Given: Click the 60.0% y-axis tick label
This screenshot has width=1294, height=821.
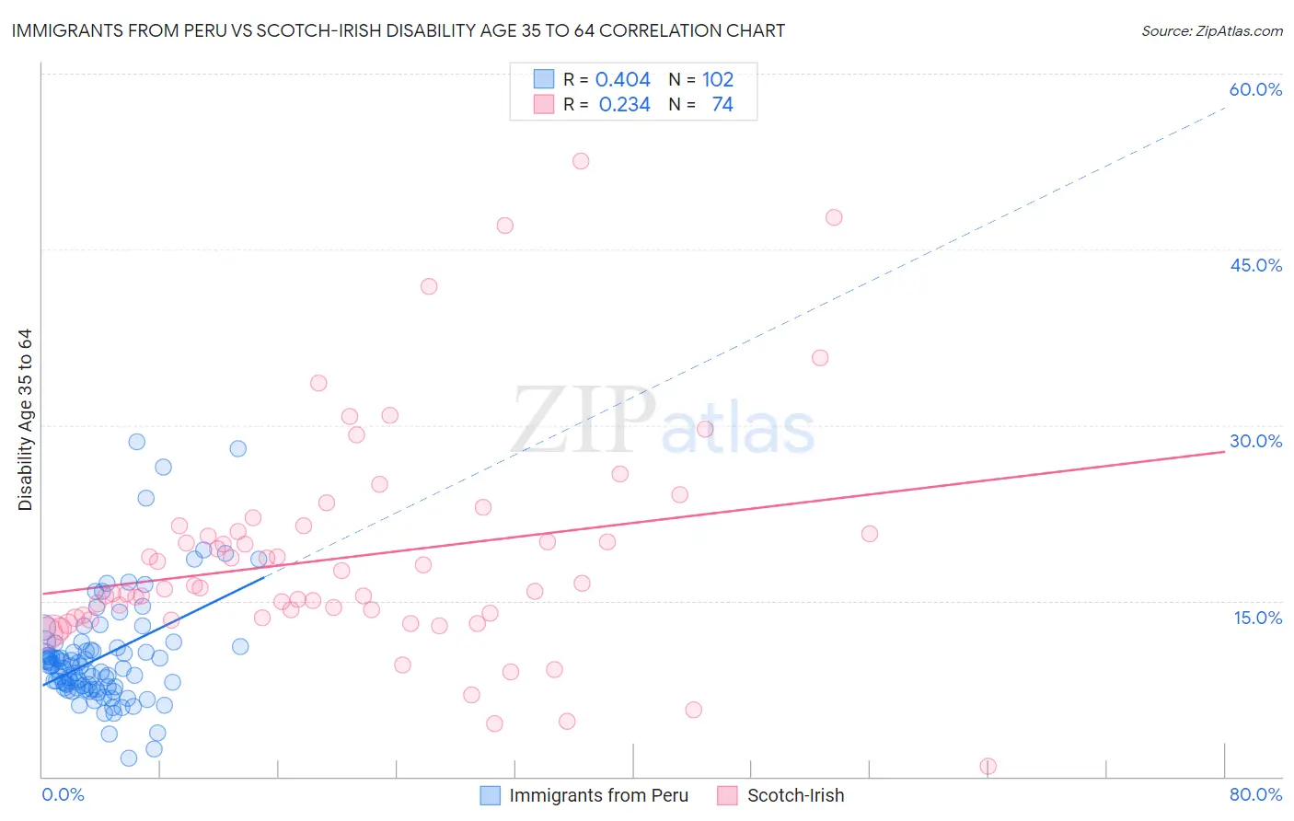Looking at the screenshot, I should pos(1255,89).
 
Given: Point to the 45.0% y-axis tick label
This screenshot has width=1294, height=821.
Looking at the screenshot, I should pos(1255,265).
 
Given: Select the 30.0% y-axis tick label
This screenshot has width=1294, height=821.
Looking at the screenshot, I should pos(1255,441).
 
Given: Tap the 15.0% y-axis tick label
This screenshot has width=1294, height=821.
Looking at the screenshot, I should pos(1257,618).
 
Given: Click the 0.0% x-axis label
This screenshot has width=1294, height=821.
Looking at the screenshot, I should pos(63,794).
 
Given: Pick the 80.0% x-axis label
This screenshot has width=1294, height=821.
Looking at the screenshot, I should pos(1255,794).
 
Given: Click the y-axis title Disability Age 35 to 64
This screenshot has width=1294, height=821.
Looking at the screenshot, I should pos(25,420).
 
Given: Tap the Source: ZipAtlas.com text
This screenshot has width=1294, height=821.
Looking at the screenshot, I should pos(1211,31).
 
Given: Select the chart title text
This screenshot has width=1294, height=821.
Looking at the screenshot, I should pos(399,30).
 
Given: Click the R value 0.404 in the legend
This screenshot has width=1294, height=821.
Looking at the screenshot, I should pos(622,80).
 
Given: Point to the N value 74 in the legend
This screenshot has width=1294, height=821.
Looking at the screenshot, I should pos(722,105).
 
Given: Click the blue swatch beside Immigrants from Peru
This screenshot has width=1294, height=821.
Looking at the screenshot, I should pos(491,795).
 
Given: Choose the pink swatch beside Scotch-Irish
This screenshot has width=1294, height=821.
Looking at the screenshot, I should pos(728,795).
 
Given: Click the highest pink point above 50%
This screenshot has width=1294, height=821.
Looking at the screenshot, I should pos(581,161).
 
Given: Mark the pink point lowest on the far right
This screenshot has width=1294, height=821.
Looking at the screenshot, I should pos(988,766).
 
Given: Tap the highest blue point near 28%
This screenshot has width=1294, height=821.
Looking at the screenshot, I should pos(136,442).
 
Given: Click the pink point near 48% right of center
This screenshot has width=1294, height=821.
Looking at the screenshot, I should pos(834,217).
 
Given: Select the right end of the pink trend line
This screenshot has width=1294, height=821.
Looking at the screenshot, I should pos(1224,452).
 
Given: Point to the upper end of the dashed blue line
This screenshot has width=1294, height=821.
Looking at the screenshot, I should pos(1225,108).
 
